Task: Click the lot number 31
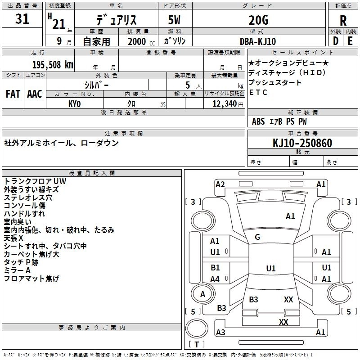tap(22, 18)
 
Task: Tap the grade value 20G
tap(258, 20)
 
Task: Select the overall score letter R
tap(343, 21)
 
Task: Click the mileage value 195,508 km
tap(53, 65)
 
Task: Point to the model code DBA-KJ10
tap(257, 41)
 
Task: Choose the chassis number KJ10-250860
tap(302, 143)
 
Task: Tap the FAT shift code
tap(13, 94)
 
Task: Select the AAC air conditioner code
tap(35, 94)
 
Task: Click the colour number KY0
tap(75, 104)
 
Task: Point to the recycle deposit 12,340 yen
tap(228, 104)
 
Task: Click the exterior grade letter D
tap(336, 41)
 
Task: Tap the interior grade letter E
tap(350, 41)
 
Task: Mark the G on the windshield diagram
tap(257, 237)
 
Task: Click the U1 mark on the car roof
tap(271, 268)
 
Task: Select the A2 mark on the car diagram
tap(220, 184)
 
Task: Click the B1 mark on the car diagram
tap(215, 267)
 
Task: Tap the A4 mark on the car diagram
tap(215, 279)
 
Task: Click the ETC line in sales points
tap(258, 92)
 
